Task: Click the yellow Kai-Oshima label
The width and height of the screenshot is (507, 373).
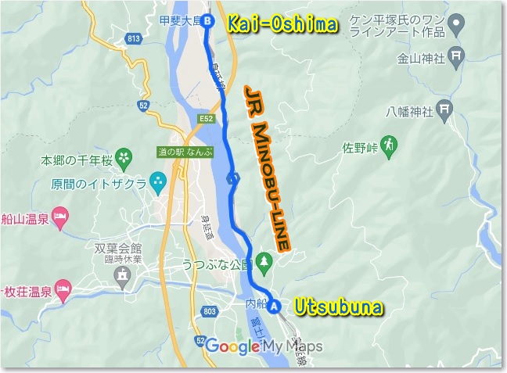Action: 282,25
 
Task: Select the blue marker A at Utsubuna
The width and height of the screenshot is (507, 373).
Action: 274,307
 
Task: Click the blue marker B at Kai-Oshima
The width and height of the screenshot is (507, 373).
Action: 207,23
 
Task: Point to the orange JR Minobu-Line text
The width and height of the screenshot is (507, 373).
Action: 268,167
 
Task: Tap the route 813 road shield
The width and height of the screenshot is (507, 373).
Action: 131,38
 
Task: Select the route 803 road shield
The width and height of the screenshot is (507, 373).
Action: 209,312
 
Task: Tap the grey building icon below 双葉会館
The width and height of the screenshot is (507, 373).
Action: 121,274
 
